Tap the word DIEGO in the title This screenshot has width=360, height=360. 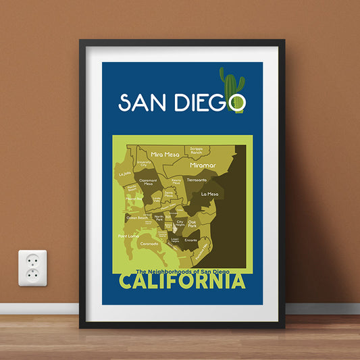(x=208, y=103)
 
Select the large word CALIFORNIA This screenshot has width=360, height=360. (x=182, y=282)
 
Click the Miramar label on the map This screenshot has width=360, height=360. (x=202, y=164)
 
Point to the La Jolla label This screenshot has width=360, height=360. (x=124, y=174)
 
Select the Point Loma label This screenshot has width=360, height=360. (x=128, y=236)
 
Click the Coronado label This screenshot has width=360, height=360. (x=150, y=243)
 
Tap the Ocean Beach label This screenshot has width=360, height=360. (x=137, y=217)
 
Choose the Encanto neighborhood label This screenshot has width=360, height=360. (x=191, y=240)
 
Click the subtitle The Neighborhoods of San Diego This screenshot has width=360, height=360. (x=182, y=272)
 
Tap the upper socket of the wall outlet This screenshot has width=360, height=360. (x=32, y=260)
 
